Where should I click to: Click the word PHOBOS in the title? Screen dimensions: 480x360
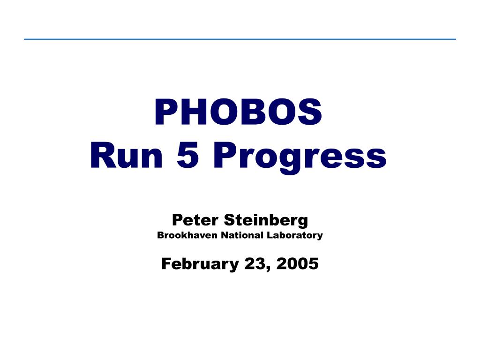point(238,112)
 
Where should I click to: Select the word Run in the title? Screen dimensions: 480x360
point(127,155)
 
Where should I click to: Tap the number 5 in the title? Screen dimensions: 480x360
point(187,155)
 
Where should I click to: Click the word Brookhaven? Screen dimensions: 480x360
point(187,235)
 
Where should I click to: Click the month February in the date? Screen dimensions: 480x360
point(200,264)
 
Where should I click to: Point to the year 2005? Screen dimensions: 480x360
point(297,263)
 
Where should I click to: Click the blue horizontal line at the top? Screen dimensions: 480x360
point(240,39)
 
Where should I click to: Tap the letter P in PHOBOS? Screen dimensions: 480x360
point(165,112)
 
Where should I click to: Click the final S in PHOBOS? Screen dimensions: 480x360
point(310,112)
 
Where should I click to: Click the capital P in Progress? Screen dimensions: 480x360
point(225,155)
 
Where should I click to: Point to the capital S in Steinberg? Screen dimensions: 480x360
point(230,220)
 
